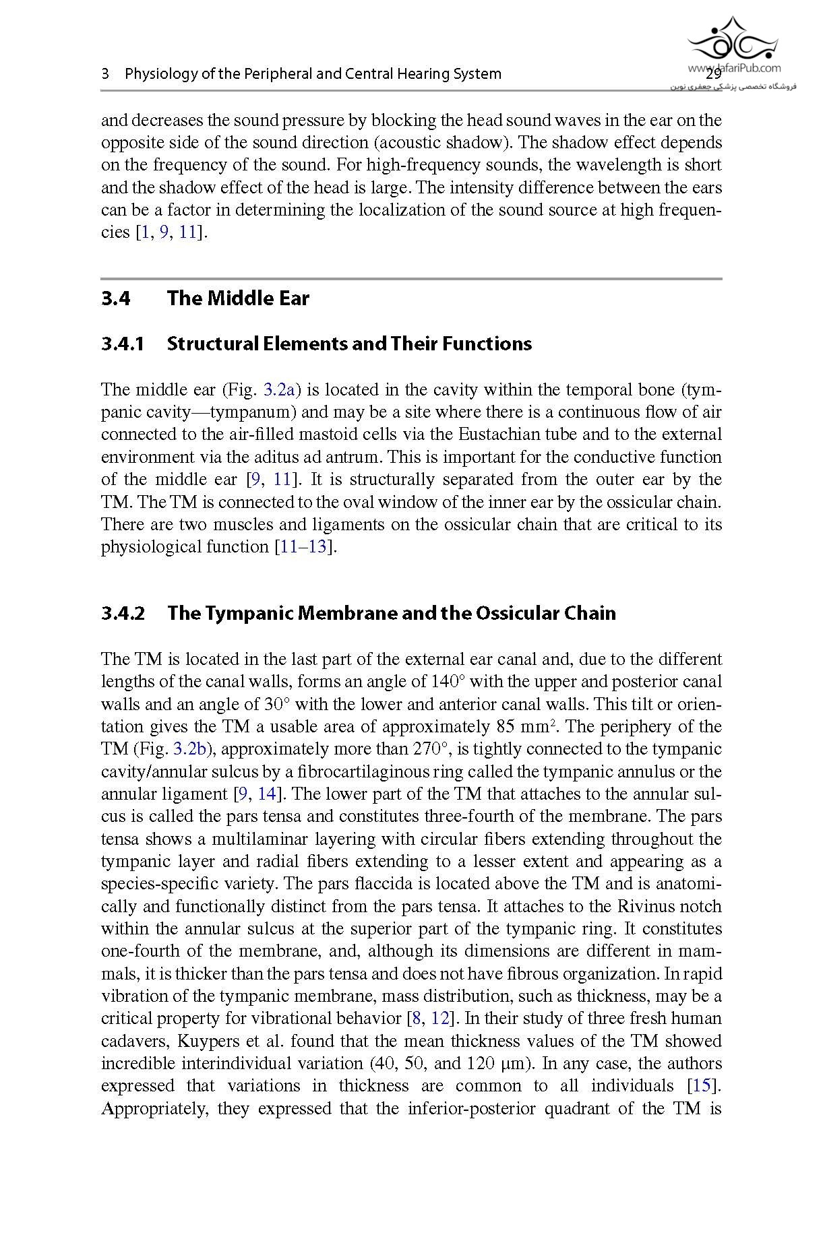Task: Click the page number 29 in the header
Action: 714,75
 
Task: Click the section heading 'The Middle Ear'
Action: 237,298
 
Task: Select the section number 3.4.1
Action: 123,344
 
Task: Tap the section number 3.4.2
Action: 123,614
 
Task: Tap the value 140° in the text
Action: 448,682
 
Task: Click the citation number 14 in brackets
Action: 267,794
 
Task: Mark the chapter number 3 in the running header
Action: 105,74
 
